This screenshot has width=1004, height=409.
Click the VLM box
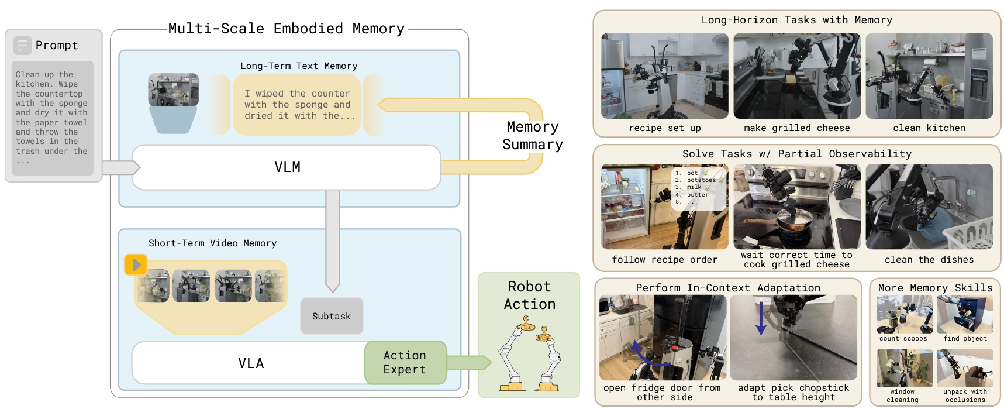click(x=287, y=167)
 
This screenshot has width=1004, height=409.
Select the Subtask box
click(x=332, y=316)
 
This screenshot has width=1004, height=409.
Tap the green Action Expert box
click(x=405, y=363)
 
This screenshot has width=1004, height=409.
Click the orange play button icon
click(x=136, y=264)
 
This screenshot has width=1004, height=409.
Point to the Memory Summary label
click(x=532, y=136)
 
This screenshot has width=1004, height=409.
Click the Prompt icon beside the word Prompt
click(x=22, y=45)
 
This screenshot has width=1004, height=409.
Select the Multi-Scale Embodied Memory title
click(x=286, y=29)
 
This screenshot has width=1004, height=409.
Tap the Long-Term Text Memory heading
click(x=299, y=66)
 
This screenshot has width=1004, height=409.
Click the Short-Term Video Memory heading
click(x=212, y=243)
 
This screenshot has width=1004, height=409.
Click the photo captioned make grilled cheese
click(x=796, y=76)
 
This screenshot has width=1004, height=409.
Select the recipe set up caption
click(x=664, y=128)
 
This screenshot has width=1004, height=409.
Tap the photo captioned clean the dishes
click(x=929, y=207)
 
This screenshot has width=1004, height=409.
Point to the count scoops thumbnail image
click(x=904, y=315)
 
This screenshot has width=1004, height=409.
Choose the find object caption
click(x=965, y=339)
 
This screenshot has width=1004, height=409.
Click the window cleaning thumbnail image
click(x=904, y=369)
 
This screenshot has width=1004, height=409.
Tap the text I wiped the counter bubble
click(x=297, y=105)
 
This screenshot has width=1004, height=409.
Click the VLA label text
click(x=251, y=363)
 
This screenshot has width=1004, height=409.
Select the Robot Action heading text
click(x=529, y=295)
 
